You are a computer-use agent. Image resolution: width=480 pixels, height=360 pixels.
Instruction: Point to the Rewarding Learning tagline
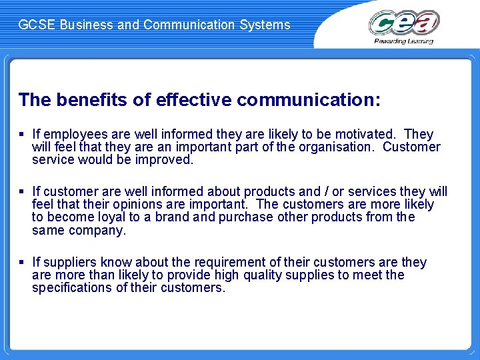[404, 41]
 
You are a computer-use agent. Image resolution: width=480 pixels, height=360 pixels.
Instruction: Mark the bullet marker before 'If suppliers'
[22, 263]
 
